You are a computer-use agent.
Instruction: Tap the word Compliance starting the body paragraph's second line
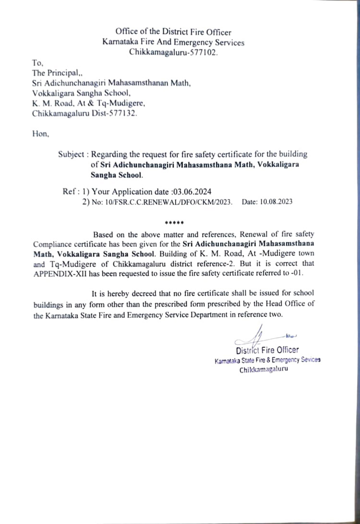(x=53, y=244)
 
